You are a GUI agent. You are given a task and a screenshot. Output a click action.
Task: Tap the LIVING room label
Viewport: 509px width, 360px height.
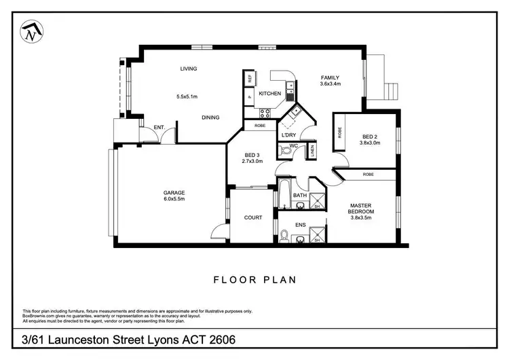click(x=188, y=69)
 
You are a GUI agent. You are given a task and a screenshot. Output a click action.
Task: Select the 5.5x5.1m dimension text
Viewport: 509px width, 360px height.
click(x=187, y=96)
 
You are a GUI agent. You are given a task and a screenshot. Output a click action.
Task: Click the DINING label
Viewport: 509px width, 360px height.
click(x=210, y=118)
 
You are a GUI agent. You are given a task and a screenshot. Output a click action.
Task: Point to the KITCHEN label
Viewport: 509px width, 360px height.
click(x=269, y=93)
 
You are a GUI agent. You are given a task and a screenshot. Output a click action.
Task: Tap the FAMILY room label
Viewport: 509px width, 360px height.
click(x=330, y=77)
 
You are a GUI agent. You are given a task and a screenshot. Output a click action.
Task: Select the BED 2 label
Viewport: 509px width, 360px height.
click(x=370, y=135)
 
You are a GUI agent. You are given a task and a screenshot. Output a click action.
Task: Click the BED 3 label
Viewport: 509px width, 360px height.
click(x=252, y=154)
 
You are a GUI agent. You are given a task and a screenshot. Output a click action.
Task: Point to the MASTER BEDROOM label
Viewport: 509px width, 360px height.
click(x=362, y=209)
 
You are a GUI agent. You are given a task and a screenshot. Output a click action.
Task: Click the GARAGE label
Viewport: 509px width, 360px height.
click(x=174, y=192)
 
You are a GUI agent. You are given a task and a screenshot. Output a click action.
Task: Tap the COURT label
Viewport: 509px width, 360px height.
click(x=253, y=217)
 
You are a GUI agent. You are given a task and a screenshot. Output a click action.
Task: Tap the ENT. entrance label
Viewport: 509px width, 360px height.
click(x=159, y=127)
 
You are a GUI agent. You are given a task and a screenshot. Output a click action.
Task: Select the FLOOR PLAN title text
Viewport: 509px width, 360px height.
click(x=254, y=279)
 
